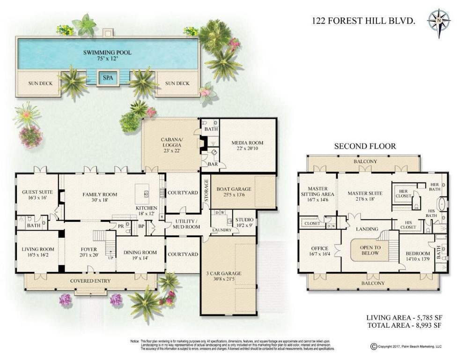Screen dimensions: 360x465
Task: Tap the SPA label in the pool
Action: (x=107, y=78)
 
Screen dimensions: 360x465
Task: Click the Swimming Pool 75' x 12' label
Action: (x=107, y=56)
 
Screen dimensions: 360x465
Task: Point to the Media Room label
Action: (x=247, y=146)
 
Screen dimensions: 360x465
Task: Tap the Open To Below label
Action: (x=370, y=250)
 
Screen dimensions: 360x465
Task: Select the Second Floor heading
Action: (x=365, y=146)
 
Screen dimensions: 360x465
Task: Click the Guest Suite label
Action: (x=37, y=195)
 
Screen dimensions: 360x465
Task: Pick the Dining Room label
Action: (x=140, y=255)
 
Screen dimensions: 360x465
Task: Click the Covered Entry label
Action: (x=90, y=281)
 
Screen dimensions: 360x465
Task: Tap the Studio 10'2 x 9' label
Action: (x=244, y=222)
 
